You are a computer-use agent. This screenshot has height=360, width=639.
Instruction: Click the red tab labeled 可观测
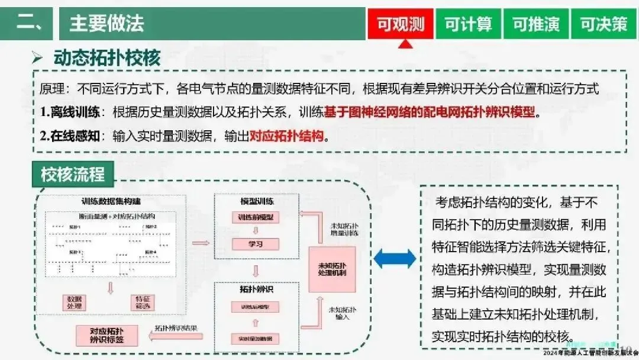coord(401,24)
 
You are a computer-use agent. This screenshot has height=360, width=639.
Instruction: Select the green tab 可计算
coord(468,24)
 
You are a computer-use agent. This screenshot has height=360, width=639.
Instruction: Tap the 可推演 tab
coord(535,24)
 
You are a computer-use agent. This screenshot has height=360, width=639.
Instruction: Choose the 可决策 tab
coord(603,24)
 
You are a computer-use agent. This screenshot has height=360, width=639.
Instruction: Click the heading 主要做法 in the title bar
coord(106,24)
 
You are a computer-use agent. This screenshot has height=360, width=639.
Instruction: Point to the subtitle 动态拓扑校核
coord(106,58)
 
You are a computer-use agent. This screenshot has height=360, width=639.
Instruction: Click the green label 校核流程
coord(72,175)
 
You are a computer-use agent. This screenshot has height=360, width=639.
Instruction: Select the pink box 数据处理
coord(77,302)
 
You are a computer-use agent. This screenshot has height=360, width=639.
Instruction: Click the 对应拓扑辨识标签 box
coord(106,336)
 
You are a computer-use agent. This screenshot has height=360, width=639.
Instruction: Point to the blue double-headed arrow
coord(395,259)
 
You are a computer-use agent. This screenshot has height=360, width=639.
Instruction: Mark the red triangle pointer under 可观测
coord(404,43)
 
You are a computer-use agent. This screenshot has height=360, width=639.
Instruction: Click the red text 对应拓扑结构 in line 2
coord(287,136)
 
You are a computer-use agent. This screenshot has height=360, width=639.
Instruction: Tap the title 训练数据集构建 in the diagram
coord(107,201)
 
